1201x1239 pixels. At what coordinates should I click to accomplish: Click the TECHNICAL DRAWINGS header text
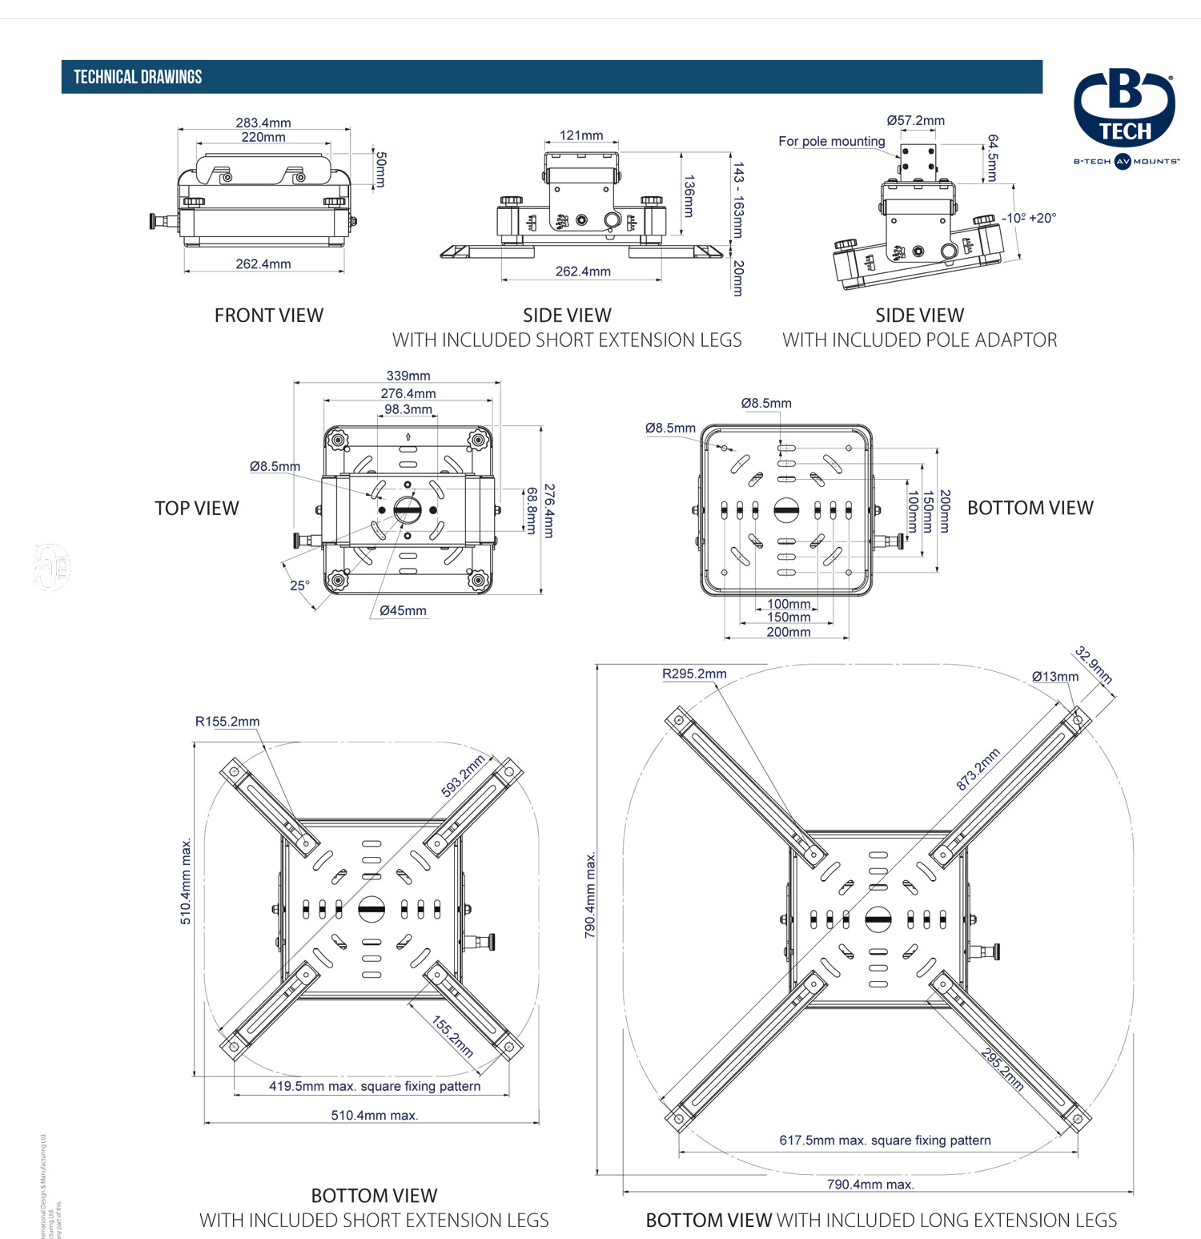pos(138,77)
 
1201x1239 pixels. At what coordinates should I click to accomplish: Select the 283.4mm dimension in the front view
pos(263,123)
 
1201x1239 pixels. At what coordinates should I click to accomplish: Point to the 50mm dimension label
pos(381,169)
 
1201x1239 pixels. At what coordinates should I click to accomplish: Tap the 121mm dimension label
pos(581,135)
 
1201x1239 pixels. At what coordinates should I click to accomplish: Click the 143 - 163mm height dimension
pos(738,200)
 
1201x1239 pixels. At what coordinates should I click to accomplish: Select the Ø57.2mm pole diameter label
pos(915,120)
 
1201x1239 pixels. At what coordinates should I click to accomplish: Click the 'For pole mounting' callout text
pos(831,141)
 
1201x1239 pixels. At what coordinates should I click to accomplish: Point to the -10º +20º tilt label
pos(1029,218)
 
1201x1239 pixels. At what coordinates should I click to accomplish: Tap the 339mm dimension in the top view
pos(408,376)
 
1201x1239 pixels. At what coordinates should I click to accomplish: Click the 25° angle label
pos(299,585)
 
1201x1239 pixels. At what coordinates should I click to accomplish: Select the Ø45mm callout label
pos(403,610)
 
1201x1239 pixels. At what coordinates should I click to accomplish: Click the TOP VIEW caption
pos(197,508)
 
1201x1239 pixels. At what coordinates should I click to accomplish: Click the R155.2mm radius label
pos(227,721)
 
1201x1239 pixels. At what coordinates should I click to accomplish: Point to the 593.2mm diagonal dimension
pos(463,776)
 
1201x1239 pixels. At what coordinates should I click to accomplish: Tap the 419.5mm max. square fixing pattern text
pos(375,1086)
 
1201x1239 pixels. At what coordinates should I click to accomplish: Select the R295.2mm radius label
pos(694,674)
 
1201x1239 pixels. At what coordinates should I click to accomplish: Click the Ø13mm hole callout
pos(1054,676)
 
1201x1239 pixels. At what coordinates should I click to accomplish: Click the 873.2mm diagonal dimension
pos(978,769)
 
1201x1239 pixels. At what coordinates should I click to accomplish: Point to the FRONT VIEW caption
pos(269,316)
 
